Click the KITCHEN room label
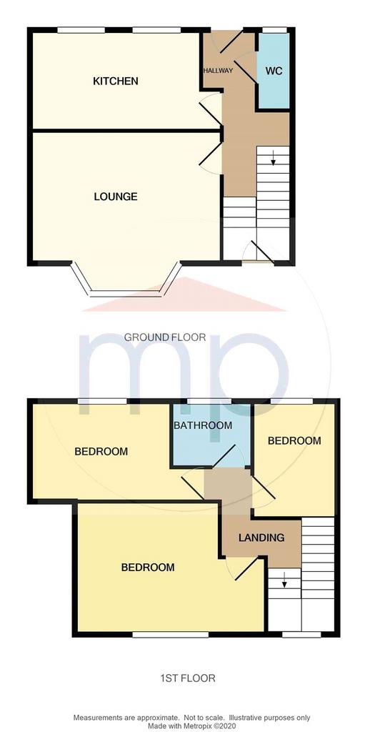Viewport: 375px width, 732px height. point(116,81)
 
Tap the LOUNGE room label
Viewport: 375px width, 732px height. point(116,197)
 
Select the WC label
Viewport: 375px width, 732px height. point(274,72)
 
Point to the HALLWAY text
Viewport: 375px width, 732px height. point(217,71)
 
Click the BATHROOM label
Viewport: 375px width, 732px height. point(203,425)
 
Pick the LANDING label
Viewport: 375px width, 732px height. point(261,538)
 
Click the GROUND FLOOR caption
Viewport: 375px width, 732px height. point(165,337)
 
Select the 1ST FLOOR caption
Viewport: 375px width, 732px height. point(187,678)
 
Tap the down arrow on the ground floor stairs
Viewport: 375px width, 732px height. point(273,159)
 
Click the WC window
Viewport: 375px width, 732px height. point(274,30)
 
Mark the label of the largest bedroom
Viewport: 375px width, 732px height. point(148,568)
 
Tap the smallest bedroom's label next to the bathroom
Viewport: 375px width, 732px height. point(294,440)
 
